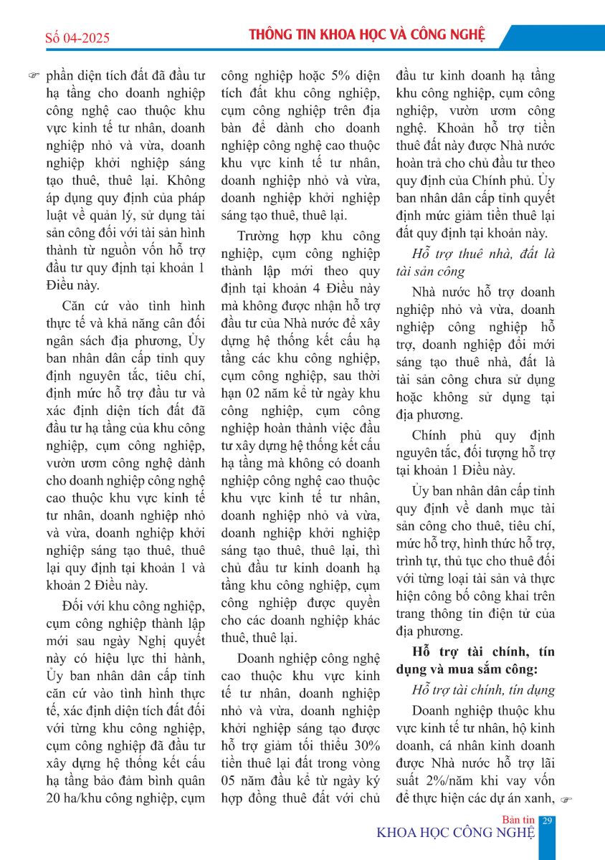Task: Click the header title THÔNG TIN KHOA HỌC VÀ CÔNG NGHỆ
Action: click(366, 36)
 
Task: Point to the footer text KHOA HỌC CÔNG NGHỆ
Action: click(456, 832)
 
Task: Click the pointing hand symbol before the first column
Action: click(34, 75)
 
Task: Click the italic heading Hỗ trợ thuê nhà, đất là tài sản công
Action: click(474, 262)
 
